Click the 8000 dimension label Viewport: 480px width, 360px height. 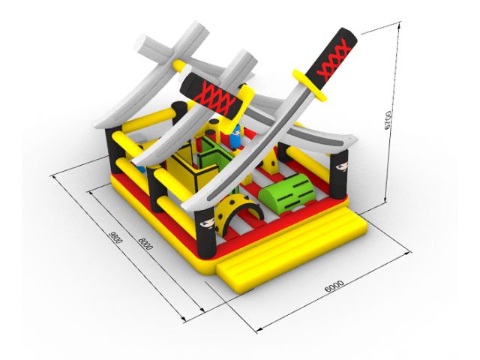tap(145, 244)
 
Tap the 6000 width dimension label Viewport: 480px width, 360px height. tap(334, 286)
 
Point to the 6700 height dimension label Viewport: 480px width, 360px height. tap(388, 120)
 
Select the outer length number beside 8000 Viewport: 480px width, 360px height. tap(115, 237)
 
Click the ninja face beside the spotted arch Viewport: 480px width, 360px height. tap(207, 223)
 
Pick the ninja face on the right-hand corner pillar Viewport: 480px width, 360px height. tap(341, 166)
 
